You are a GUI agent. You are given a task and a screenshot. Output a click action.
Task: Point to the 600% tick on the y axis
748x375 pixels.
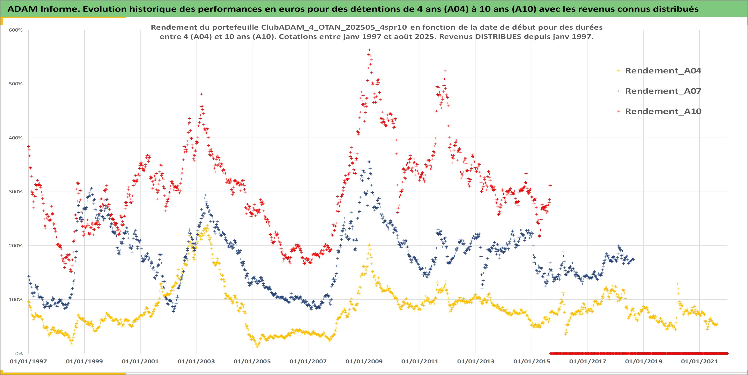tap(16, 30)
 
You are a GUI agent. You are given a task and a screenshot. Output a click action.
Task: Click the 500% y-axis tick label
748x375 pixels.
tap(16, 84)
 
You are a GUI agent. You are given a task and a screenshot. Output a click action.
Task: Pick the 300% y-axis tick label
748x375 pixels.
tap(16, 192)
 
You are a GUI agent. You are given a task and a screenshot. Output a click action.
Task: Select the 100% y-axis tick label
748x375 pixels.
tap(16, 299)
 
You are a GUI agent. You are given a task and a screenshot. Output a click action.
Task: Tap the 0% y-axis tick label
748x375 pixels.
tap(19, 353)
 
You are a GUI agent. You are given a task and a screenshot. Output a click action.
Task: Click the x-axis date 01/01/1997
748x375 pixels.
tap(28, 361)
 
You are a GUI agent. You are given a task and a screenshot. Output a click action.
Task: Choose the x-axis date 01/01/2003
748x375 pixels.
tap(196, 361)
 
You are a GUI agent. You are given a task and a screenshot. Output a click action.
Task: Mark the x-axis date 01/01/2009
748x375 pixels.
tap(364, 361)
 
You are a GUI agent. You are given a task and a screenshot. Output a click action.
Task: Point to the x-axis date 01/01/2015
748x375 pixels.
tap(532, 361)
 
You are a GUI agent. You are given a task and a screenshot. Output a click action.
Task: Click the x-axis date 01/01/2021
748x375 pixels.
tap(700, 361)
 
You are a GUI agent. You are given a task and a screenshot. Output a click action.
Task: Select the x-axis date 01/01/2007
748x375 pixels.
tap(308, 361)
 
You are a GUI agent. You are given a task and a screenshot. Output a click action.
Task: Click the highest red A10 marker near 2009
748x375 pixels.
tap(369, 50)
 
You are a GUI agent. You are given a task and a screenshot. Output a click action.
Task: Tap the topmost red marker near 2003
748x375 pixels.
tap(202, 94)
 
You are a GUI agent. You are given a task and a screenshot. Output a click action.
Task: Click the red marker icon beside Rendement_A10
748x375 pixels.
tap(619, 111)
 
